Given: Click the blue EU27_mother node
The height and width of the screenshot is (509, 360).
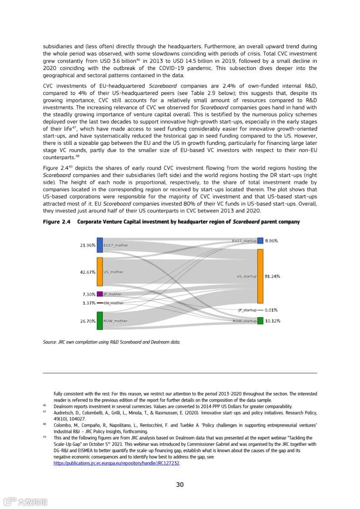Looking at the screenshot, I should (x=100, y=245).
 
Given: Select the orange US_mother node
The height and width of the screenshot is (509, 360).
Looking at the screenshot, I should (x=100, y=272).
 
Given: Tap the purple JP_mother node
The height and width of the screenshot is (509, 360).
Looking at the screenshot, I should (x=100, y=294).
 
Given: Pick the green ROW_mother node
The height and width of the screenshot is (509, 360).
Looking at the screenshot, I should (x=100, y=321).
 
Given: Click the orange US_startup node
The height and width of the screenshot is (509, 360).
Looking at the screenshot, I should (x=260, y=276).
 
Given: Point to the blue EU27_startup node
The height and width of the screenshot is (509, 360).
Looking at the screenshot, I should (x=260, y=240).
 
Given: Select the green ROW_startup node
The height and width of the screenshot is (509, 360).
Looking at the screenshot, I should (x=260, y=321).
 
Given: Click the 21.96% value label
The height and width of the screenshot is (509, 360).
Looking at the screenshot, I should (x=88, y=245).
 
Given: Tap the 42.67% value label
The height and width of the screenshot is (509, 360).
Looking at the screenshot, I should (x=88, y=272).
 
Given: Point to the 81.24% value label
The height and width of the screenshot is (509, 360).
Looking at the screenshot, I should (x=272, y=276).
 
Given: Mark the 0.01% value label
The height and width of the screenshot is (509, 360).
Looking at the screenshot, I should (x=271, y=310).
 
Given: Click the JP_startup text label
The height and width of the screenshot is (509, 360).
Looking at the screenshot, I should (x=247, y=310).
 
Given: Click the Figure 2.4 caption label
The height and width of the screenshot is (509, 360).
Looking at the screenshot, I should (x=57, y=222).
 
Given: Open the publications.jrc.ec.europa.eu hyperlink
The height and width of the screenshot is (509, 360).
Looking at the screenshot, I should (x=117, y=464).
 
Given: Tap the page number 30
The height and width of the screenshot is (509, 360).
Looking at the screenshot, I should (x=180, y=485).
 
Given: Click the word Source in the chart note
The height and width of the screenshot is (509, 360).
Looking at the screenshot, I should (x=49, y=342).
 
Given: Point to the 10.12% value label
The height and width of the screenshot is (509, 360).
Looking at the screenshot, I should (x=272, y=321).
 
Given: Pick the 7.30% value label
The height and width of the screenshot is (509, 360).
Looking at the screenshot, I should (x=88, y=294).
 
